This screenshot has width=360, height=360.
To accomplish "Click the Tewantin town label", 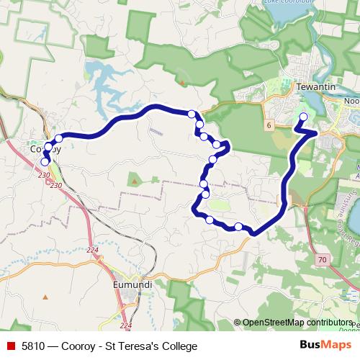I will pos(313,86).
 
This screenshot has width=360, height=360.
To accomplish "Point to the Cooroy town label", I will pos(46,150).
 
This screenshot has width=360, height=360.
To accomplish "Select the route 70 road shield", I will pos(321,258).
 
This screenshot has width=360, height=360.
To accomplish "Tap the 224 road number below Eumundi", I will pos(127,325).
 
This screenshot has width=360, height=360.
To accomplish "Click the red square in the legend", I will pos(10,346).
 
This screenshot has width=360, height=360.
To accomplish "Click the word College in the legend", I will pos(178,346).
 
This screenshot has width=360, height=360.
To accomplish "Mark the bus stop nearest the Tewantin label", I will pos(303,117).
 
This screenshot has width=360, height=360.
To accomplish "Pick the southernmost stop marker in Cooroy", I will pos(45,162).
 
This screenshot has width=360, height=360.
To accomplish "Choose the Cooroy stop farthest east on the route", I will pos(59,138).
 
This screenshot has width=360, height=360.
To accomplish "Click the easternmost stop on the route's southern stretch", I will pos(238,227).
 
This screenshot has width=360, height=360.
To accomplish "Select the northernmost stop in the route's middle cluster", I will pos(192,114).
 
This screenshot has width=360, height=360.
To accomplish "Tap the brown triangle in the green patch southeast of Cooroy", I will pos(133,180).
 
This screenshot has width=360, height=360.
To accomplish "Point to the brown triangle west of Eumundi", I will pos(45,296).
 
